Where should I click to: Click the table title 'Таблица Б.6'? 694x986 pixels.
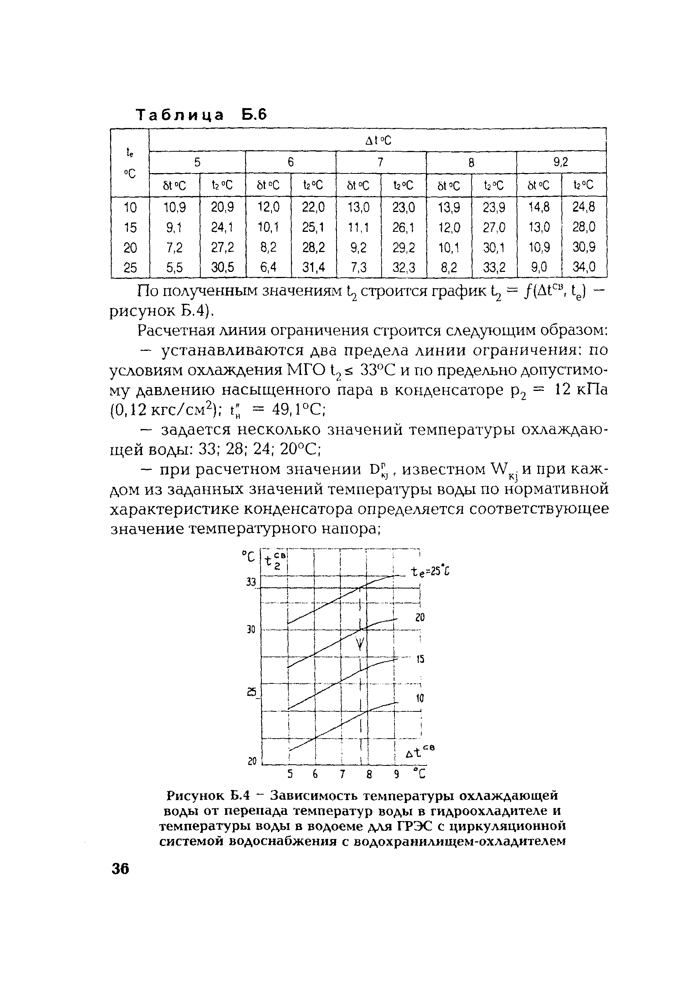(202, 115)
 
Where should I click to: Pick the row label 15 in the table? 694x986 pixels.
(130, 227)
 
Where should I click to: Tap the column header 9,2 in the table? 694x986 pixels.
(561, 162)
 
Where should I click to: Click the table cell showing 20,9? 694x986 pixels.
(223, 207)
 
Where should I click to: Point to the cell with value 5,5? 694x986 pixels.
(174, 268)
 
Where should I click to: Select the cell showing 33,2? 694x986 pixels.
(494, 268)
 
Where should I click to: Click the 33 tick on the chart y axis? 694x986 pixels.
(251, 583)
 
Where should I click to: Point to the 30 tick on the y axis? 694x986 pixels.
(251, 630)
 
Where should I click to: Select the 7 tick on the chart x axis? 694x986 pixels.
(342, 774)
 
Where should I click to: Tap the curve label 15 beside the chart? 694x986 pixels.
(420, 659)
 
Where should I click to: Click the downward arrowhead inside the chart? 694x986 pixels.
(361, 643)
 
